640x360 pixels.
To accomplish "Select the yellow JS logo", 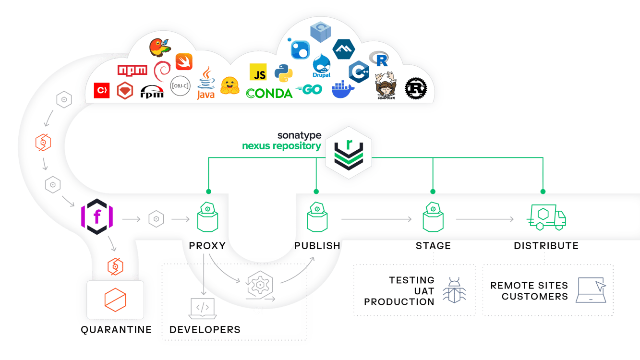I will pyautogui.click(x=258, y=72).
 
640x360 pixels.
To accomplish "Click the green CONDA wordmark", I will pyautogui.click(x=269, y=93).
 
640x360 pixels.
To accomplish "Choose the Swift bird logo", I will pyautogui.click(x=184, y=62).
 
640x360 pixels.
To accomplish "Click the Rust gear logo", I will pyautogui.click(x=416, y=89).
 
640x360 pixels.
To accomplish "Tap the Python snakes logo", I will pyautogui.click(x=283, y=73).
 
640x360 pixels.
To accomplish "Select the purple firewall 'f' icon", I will pyautogui.click(x=97, y=217).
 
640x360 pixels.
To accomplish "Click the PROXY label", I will pyautogui.click(x=207, y=245).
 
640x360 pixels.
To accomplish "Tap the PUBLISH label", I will pyautogui.click(x=317, y=245).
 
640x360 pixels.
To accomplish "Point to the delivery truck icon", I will pyautogui.click(x=546, y=217).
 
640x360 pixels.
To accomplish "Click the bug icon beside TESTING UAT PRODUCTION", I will pyautogui.click(x=451, y=291).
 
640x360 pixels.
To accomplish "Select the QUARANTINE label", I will pyautogui.click(x=116, y=329).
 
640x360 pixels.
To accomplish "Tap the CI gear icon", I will pyautogui.click(x=259, y=286).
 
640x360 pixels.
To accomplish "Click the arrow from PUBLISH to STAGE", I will pyautogui.click(x=376, y=219).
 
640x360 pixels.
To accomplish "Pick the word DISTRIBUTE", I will pyautogui.click(x=546, y=246).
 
